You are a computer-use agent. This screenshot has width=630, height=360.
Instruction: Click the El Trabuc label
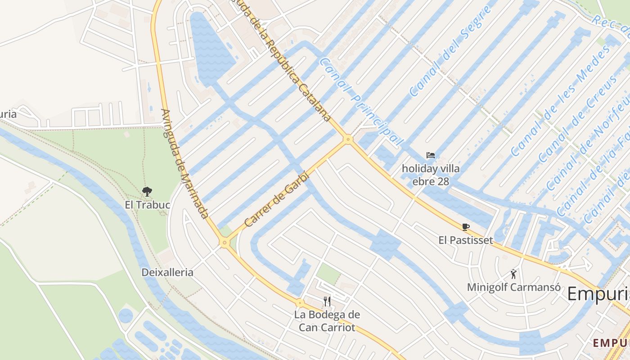pos(147,205)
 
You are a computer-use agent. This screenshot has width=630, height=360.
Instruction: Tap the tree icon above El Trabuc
pos(147,192)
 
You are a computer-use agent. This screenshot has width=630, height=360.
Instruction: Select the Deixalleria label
pos(167,272)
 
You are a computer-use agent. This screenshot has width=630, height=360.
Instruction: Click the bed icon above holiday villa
pos(431,156)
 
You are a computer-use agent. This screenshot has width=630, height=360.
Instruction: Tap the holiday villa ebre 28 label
pos(431,175)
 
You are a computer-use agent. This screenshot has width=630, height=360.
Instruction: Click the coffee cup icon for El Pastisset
pos(466,227)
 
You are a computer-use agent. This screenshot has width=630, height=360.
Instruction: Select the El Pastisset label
pos(466,240)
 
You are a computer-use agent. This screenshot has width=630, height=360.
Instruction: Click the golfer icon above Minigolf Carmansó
pos(513,274)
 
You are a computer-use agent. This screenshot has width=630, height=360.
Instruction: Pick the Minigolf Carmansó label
pos(513,287)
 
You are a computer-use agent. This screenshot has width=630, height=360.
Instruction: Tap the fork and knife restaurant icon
pos(327,301)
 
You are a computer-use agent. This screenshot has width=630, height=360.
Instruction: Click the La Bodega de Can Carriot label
pos(327,321)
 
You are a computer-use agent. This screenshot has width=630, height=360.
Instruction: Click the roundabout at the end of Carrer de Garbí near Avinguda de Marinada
pos(225,243)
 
